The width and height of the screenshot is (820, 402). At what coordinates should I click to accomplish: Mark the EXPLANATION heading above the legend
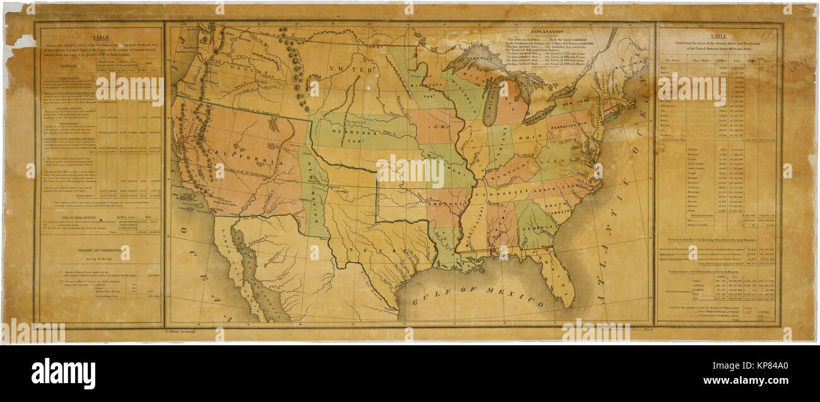click(548, 30)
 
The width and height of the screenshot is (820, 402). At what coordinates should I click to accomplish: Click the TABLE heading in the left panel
click(100, 37)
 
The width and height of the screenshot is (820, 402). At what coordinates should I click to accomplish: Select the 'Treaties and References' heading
click(100, 250)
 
